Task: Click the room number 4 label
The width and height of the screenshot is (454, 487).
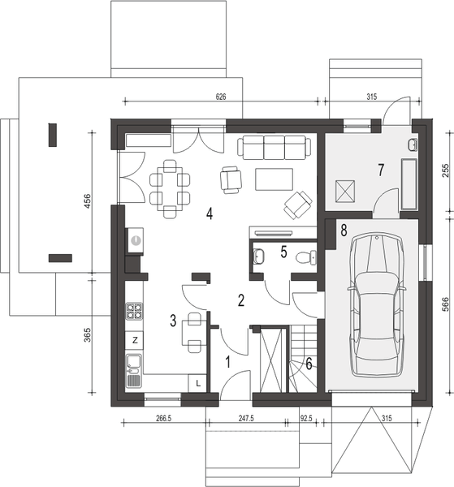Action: (210, 213)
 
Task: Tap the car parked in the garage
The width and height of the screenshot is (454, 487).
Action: (377, 304)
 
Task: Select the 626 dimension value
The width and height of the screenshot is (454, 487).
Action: (221, 97)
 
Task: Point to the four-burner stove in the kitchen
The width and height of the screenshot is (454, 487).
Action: (134, 311)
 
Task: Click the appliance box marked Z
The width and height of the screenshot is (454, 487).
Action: (135, 340)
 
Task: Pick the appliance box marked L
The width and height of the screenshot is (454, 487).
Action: (197, 383)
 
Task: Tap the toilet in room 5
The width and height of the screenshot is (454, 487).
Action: (306, 257)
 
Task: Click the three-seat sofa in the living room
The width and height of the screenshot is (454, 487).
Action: (274, 147)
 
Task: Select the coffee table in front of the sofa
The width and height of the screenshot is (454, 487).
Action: (274, 179)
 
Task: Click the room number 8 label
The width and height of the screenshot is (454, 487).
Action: (344, 231)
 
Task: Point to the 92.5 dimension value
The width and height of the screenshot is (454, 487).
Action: (305, 418)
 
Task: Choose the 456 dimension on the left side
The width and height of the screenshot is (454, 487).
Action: (88, 201)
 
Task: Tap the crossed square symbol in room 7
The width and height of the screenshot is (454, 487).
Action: (345, 192)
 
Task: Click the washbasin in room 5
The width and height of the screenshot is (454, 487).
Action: (258, 256)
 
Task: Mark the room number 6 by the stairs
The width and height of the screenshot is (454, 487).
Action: (309, 364)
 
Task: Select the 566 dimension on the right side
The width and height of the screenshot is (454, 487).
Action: (445, 304)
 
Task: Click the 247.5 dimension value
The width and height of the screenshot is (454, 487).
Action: (246, 418)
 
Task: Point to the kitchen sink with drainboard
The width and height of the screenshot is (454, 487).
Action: (134, 371)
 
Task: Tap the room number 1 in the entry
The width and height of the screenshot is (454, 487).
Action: (228, 362)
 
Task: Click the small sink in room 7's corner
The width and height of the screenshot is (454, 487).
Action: (413, 144)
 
